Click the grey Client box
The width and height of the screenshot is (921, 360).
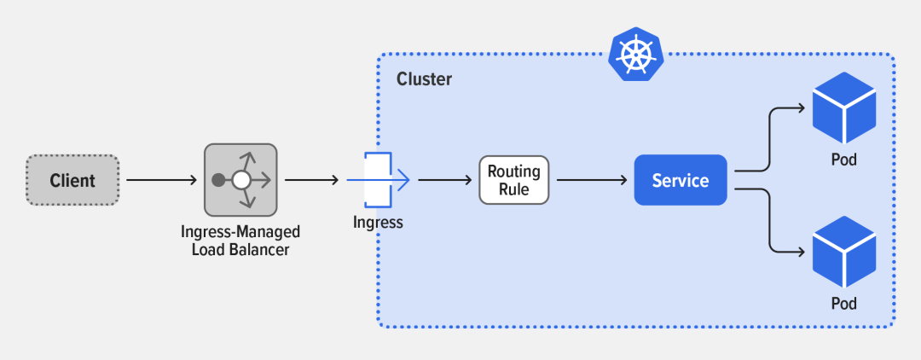[x=72, y=180]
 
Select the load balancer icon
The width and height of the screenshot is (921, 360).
[x=240, y=180]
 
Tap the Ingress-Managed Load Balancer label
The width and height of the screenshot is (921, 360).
[x=240, y=241]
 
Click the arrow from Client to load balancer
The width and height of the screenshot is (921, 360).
[x=161, y=180]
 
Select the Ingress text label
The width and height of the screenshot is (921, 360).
[x=378, y=223]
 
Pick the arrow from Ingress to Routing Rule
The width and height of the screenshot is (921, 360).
[x=444, y=180]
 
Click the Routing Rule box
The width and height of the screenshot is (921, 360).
[x=514, y=180]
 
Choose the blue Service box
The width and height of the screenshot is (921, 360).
[x=681, y=180]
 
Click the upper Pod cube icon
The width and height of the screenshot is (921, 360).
[x=843, y=108]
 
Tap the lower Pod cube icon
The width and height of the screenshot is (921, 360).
[x=843, y=253]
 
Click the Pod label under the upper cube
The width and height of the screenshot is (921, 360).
[x=843, y=160]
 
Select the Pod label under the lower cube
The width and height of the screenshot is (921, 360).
[x=843, y=304]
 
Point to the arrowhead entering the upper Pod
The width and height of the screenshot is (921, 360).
[x=801, y=108]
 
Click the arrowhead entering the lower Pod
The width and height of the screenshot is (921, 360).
[x=801, y=252]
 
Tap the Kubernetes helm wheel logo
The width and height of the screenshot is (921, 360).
[x=635, y=55]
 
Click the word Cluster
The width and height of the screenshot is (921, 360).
[x=424, y=79]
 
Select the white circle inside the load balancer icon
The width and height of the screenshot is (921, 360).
[x=241, y=180]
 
